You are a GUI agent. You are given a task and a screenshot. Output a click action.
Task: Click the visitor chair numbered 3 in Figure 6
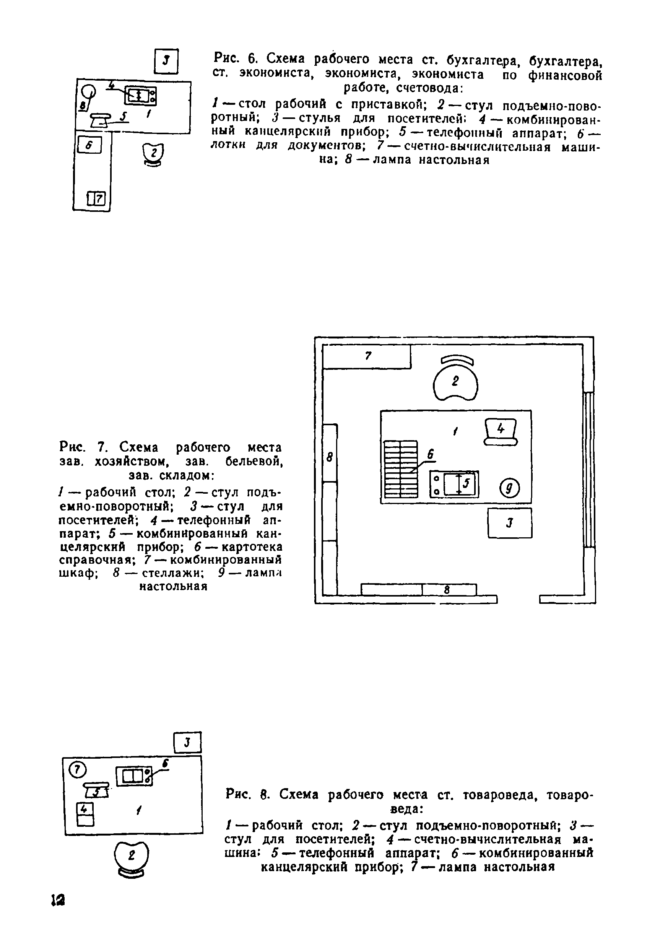[x=166, y=61]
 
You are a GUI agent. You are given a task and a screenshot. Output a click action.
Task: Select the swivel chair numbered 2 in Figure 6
[x=153, y=154]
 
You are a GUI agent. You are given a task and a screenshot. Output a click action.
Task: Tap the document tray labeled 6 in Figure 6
[x=89, y=145]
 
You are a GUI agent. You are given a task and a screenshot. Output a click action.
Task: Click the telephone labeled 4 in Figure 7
[x=501, y=431]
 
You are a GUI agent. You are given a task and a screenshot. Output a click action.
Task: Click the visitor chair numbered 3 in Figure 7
[x=510, y=523]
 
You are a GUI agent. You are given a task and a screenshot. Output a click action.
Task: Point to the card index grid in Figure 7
[x=401, y=469]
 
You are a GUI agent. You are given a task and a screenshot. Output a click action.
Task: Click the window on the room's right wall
[x=589, y=470]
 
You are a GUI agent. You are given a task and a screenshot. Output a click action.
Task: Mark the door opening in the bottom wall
[x=518, y=600]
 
